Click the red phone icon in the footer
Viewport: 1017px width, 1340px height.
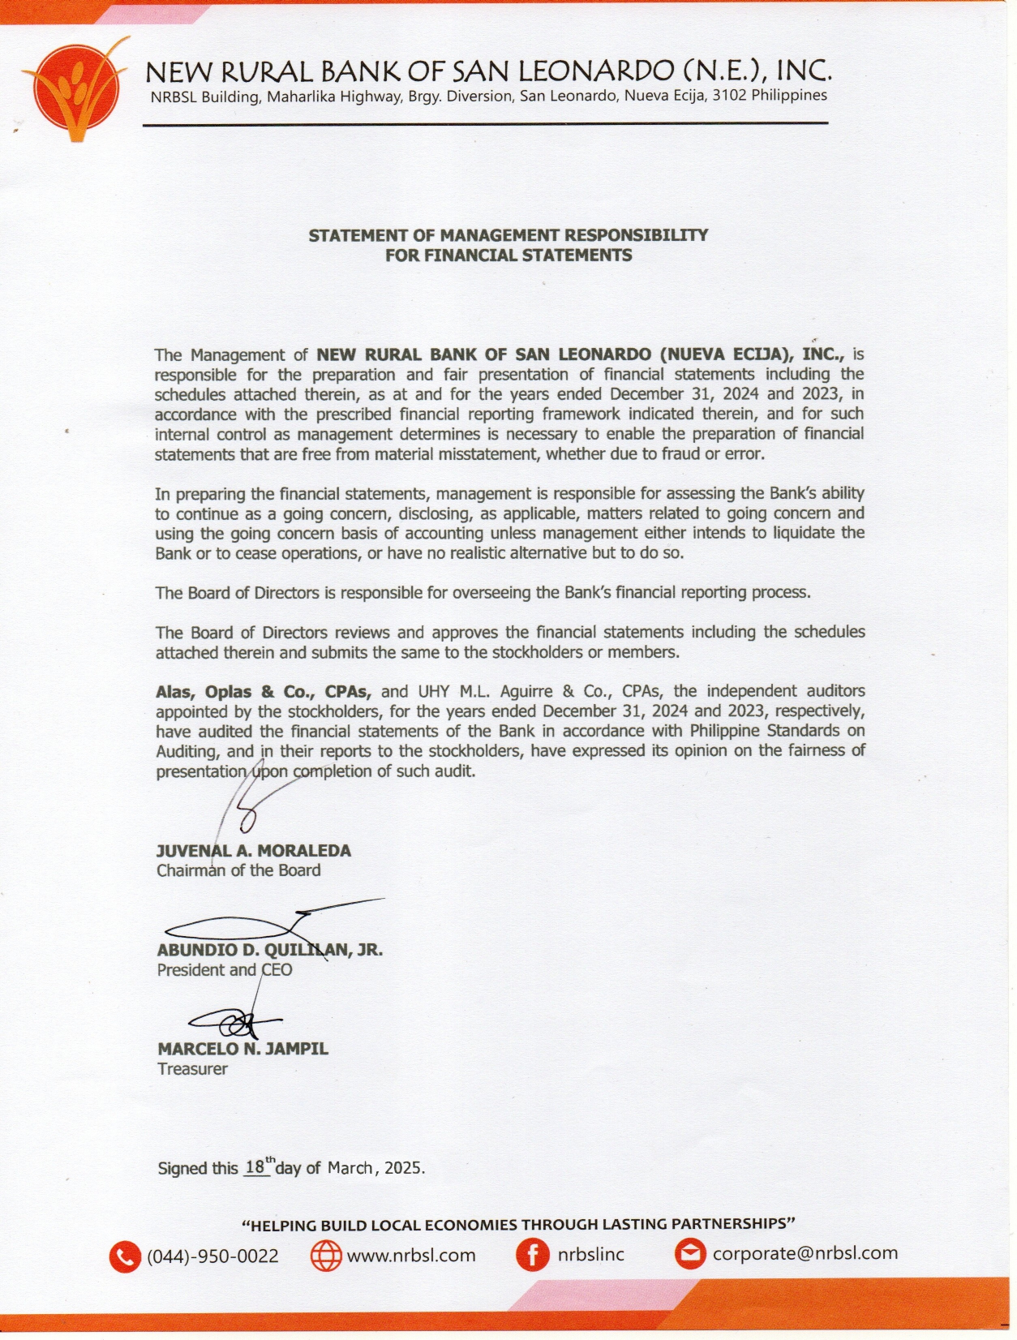[x=124, y=1256]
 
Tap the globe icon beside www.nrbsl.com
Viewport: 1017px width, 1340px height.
[x=326, y=1256]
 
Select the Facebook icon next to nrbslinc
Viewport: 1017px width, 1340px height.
[x=532, y=1256]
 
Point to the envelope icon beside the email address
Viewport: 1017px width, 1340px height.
[x=690, y=1255]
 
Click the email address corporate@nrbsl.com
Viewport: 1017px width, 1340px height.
[x=805, y=1253]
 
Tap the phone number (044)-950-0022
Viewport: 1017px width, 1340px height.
[x=212, y=1256]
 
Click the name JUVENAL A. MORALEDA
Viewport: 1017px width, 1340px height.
[x=254, y=851]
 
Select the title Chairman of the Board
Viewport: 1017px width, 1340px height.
[x=238, y=870]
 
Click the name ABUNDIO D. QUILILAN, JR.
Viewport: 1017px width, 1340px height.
[x=269, y=950]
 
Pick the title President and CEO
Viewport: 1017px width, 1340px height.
[x=225, y=970]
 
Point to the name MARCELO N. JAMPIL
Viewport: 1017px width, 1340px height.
[x=242, y=1049]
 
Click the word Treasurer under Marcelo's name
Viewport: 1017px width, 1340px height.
[x=192, y=1069]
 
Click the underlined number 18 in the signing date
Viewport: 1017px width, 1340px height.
[x=255, y=1167]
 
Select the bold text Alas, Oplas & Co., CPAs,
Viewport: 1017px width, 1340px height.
[x=264, y=692]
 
